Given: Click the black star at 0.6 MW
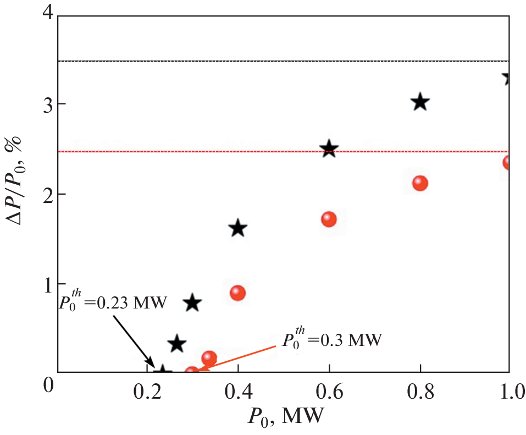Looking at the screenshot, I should [x=329, y=148].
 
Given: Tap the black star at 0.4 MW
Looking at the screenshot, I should [x=238, y=228].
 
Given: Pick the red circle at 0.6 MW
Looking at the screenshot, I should [x=329, y=219].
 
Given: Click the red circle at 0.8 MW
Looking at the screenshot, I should [x=420, y=183].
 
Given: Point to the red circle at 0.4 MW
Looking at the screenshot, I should [x=237, y=293].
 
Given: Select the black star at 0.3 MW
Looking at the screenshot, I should [x=192, y=302].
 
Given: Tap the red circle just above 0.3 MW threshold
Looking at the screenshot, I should [x=209, y=358].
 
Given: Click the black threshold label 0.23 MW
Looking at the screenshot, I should [x=113, y=303].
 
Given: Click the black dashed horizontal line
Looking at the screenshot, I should [x=275, y=61].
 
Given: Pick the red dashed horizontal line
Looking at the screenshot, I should [x=275, y=152].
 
